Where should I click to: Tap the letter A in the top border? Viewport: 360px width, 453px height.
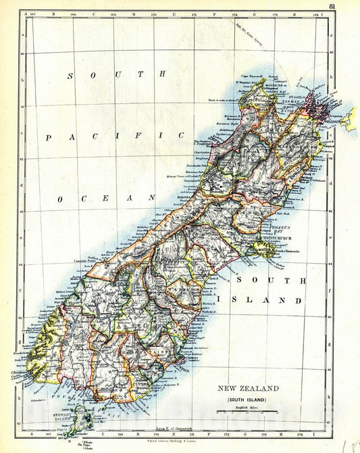[x=22, y=12]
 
